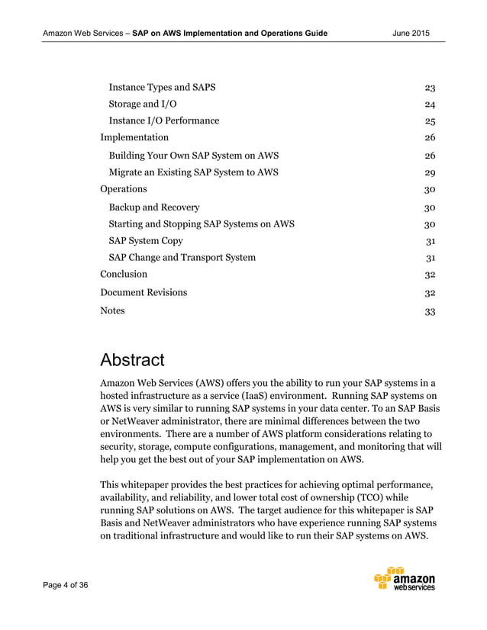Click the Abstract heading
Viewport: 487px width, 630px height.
[132, 359]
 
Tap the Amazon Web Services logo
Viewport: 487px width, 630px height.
[405, 580]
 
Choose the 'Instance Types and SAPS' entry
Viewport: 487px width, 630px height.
[162, 87]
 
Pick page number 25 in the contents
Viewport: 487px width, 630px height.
[430, 121]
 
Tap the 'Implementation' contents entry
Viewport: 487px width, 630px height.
[134, 137]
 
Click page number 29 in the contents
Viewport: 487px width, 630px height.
[430, 172]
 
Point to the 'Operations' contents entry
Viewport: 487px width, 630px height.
[124, 188]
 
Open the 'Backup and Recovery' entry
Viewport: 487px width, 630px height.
[154, 207]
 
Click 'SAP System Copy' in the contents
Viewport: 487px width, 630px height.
[146, 240]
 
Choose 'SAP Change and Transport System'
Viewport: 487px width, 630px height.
[182, 257]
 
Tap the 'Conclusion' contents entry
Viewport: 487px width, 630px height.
[124, 274]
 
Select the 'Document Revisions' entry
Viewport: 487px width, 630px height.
[144, 292]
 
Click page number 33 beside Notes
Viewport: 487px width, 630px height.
[430, 311]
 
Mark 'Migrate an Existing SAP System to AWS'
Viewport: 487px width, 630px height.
[194, 172]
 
